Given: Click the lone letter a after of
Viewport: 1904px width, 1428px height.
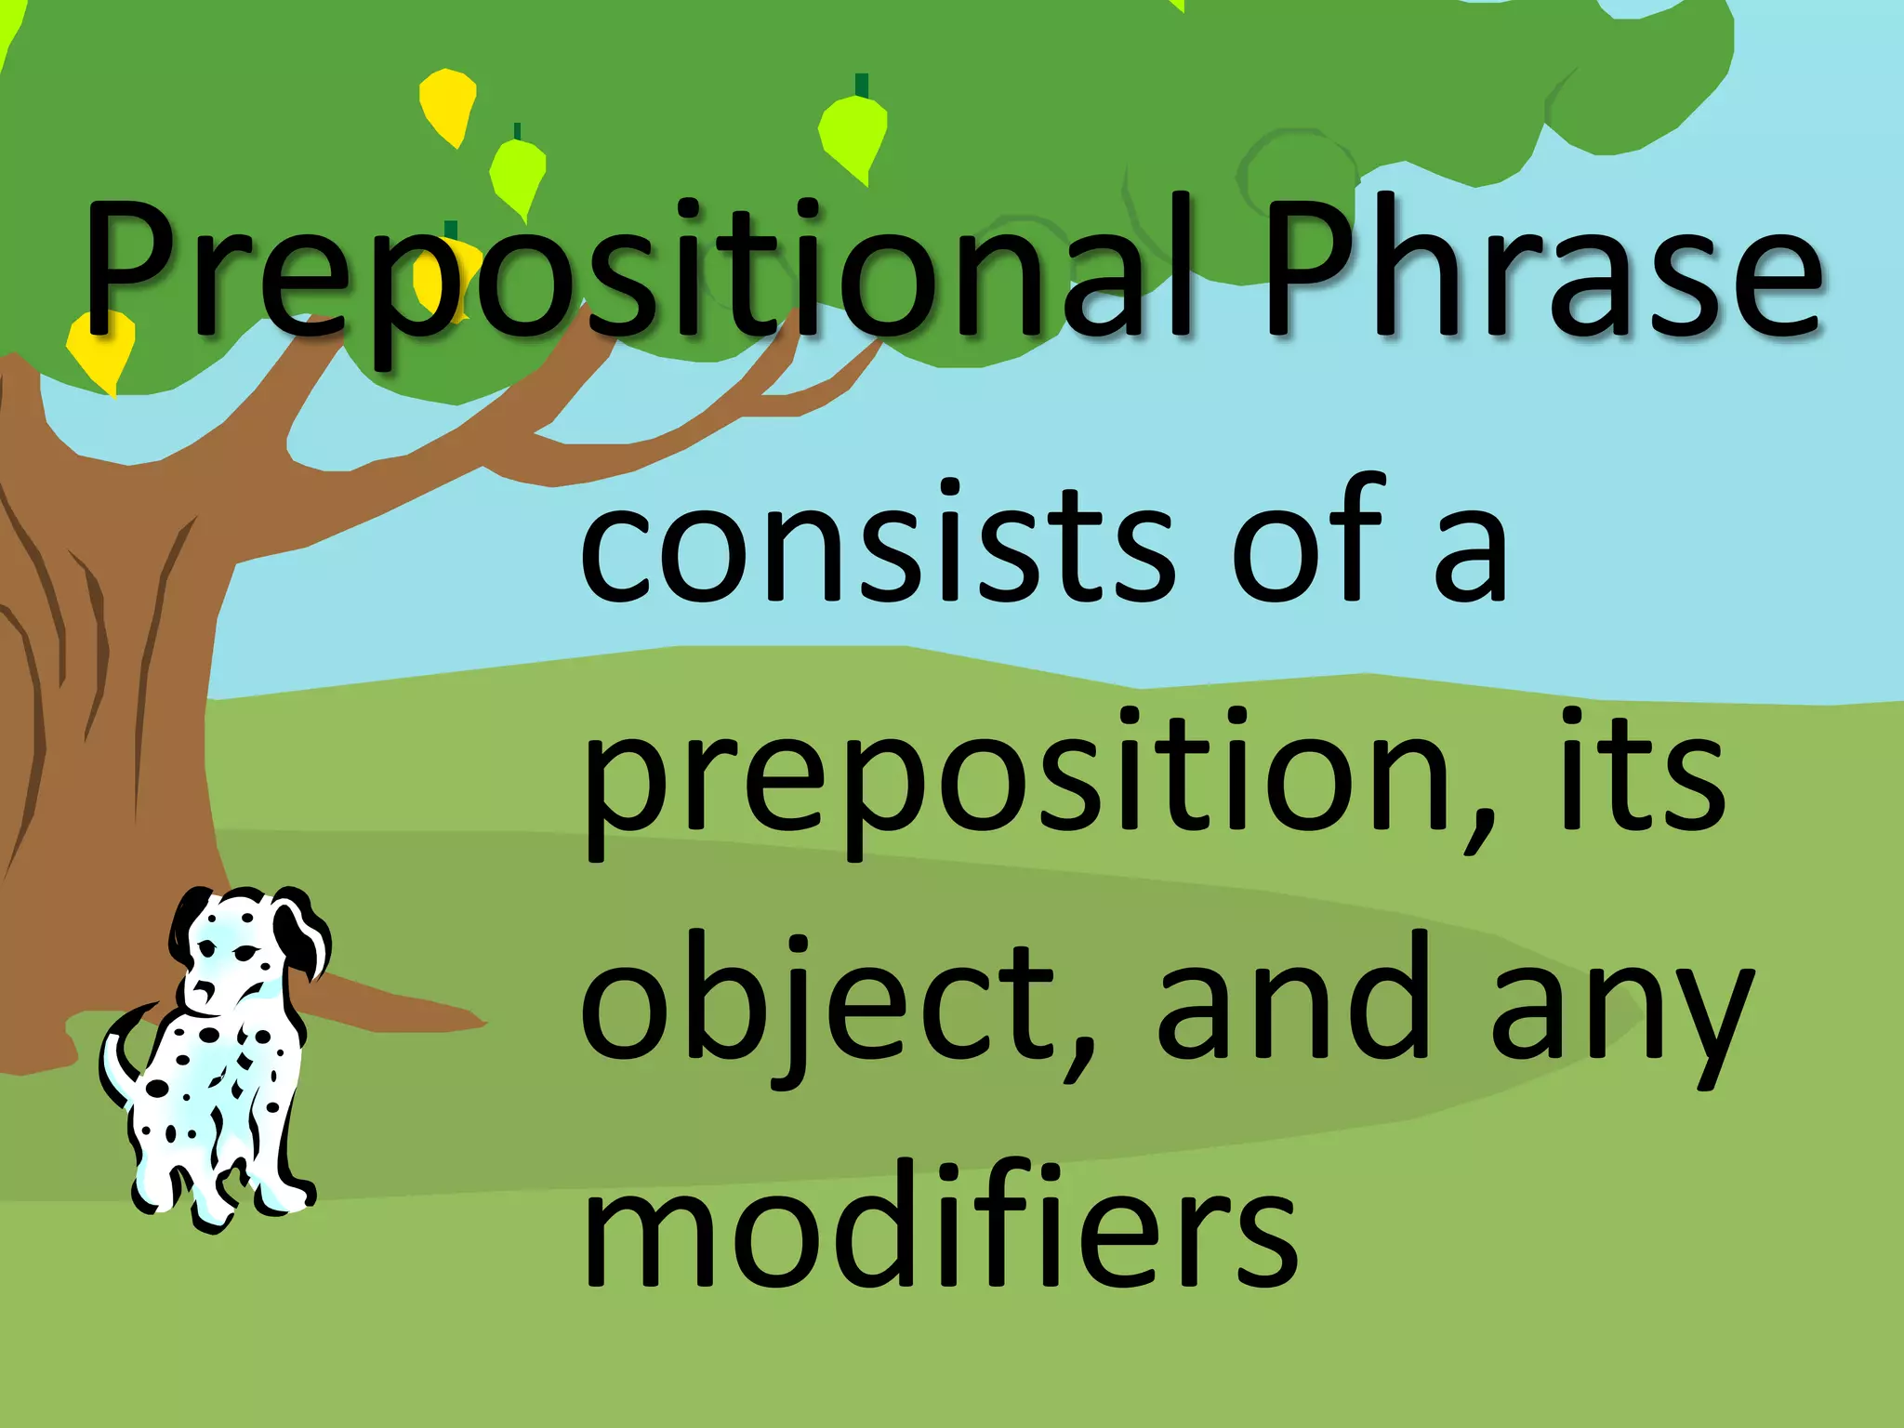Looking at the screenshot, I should click(1469, 558).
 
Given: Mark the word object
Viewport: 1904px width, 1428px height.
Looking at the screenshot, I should click(818, 1004).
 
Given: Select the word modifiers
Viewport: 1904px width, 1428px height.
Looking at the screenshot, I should click(939, 1227).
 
